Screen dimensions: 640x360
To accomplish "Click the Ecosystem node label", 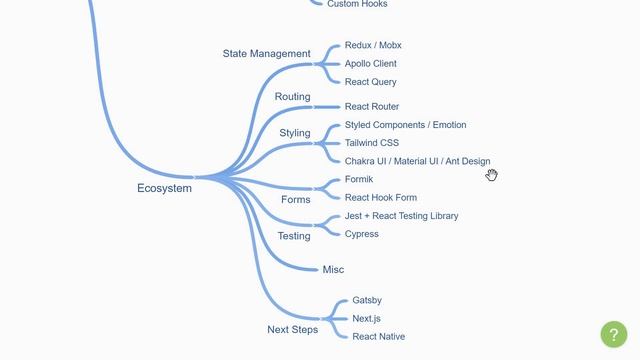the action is coord(164,188).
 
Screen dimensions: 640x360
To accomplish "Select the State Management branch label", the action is coord(266,53).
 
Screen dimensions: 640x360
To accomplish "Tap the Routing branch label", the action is coord(292,97).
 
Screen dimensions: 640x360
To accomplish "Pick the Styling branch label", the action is coord(294,133).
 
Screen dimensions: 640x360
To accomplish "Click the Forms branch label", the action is coord(295,200).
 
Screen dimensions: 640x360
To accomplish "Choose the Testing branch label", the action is coord(293,237).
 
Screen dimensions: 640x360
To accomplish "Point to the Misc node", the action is coord(333,270).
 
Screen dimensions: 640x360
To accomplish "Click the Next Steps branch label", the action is coord(292,330).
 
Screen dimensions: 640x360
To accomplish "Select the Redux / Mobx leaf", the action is coord(373,46).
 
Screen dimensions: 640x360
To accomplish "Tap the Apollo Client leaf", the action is coord(370,64).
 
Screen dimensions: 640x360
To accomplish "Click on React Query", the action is coord(370,82).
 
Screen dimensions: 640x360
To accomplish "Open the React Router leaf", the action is coord(371,107).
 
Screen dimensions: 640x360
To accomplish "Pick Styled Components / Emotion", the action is coord(405,125).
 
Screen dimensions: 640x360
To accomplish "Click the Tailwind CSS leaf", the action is coord(371,143).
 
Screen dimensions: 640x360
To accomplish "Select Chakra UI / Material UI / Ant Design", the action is coord(417,161).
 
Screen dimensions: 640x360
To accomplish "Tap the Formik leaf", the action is coord(358,180).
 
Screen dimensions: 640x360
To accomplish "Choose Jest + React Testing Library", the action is coord(401,216).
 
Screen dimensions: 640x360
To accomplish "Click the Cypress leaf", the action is coord(361,234).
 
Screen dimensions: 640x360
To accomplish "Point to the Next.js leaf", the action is coord(366,319).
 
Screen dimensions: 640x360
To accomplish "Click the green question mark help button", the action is coord(613,334).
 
